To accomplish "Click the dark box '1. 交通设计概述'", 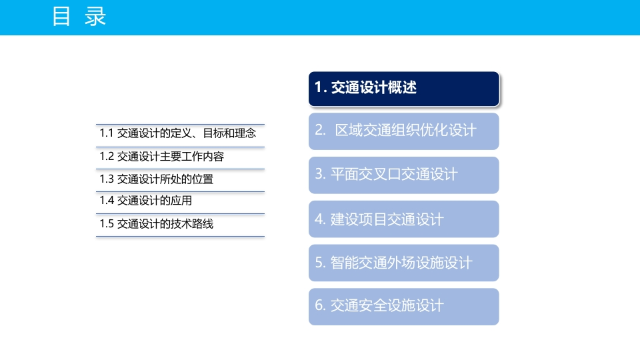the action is coord(404,89).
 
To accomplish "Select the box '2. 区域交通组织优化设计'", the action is coord(404,131).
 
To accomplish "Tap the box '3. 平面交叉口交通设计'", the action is coord(404,175).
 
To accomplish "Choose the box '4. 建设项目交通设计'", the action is coord(404,219).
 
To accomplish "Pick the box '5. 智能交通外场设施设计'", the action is coord(404,263).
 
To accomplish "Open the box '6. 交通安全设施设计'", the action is coord(404,307).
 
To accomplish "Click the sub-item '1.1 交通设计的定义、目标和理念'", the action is coord(178,133).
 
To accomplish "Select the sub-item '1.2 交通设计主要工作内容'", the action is coord(162,156).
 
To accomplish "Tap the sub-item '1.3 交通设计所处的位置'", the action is coord(157,179).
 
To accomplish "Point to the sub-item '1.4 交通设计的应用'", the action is coord(146,201).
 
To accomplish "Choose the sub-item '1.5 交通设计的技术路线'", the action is coord(157,224).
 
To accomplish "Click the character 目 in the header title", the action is coord(61,16).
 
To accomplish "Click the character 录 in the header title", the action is coord(95,16).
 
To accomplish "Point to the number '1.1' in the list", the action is coord(107,133).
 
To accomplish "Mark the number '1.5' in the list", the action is coord(107,224).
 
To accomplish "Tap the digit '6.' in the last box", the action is coord(320,305).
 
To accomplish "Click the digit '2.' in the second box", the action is coord(320,130).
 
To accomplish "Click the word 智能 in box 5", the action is coord(344,263).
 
